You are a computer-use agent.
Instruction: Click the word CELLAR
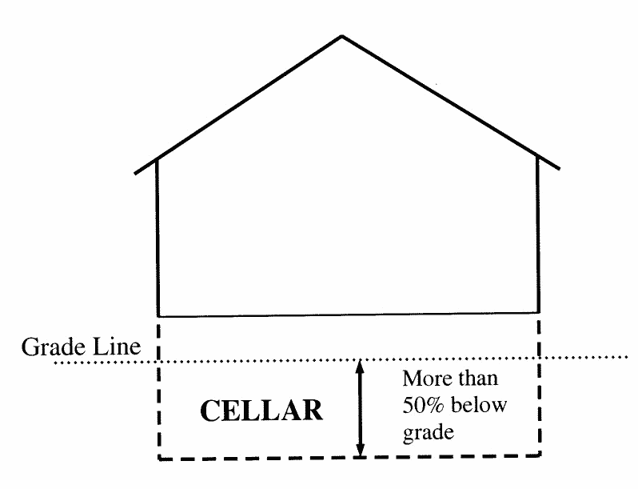coord(261,411)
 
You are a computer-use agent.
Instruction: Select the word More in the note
coord(424,378)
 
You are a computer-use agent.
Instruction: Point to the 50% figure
coord(420,406)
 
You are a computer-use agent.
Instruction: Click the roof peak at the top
coord(342,36)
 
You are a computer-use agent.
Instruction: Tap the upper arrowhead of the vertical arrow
coord(361,365)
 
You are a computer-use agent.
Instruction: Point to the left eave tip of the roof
coord(135,172)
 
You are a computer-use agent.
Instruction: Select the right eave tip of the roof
coord(559,169)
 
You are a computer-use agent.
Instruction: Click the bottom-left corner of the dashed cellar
coord(160,459)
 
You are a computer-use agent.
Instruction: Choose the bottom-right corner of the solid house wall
coord(538,312)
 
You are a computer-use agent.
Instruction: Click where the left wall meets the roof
coord(158,158)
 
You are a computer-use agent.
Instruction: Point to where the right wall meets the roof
coord(537,156)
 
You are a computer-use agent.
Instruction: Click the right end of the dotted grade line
coord(628,356)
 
